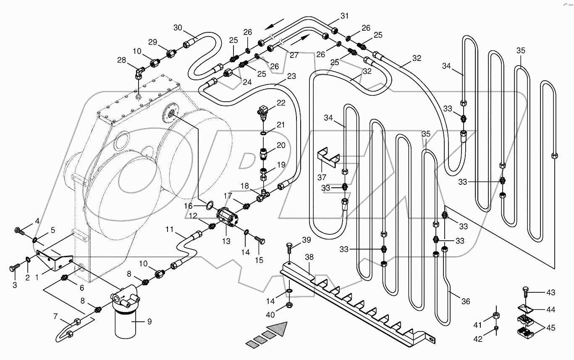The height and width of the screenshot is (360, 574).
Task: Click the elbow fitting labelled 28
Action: click(x=139, y=74)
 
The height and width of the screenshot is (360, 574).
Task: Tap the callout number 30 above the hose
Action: click(x=178, y=28)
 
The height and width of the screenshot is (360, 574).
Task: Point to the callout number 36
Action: click(x=465, y=301)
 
